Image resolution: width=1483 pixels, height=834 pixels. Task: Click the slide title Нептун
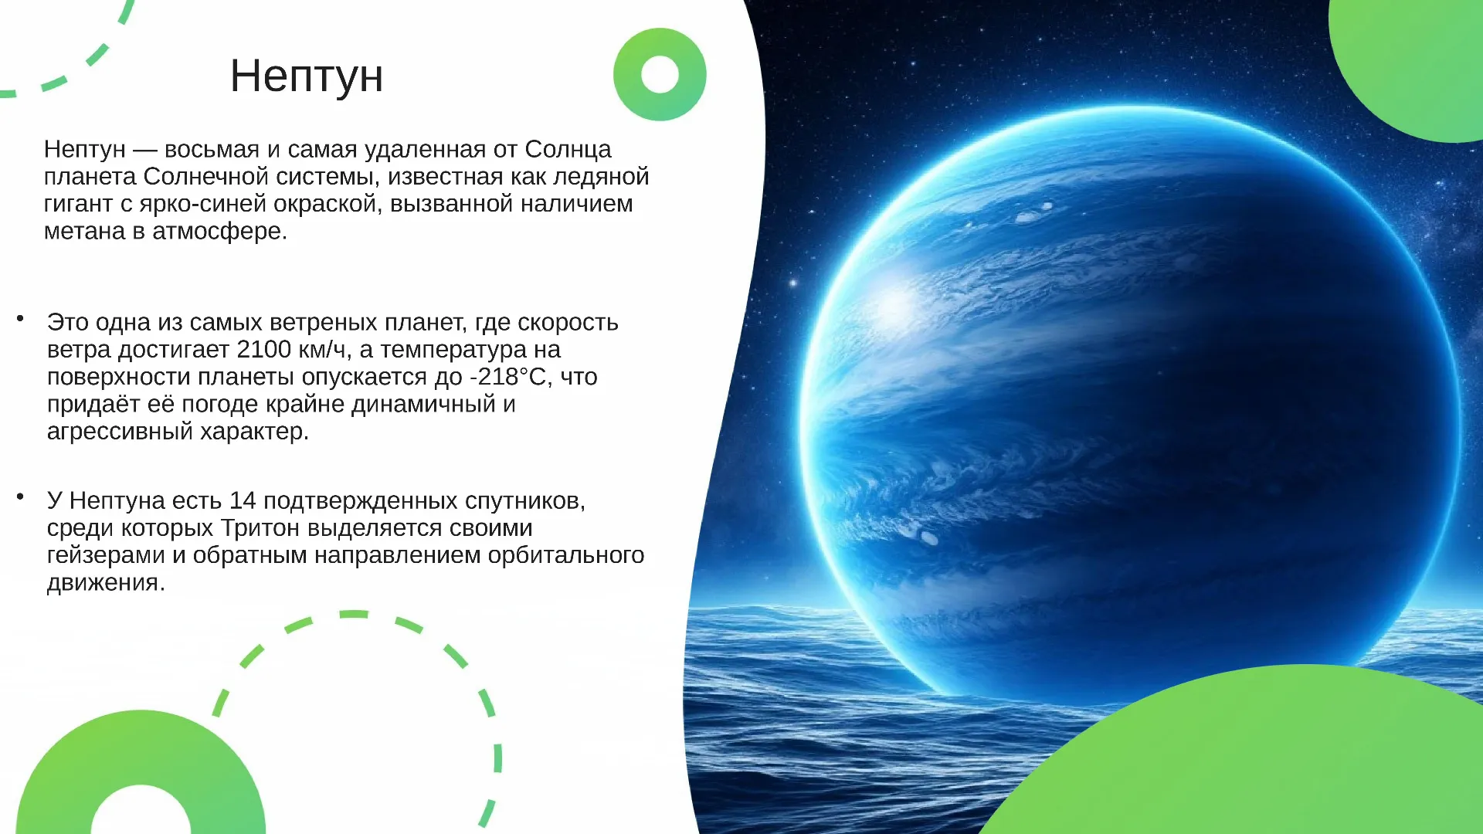tap(307, 76)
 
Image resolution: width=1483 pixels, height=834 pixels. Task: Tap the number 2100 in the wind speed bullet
tap(263, 350)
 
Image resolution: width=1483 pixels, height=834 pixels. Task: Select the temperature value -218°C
tap(511, 377)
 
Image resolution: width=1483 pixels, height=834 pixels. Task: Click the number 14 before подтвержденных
tap(243, 500)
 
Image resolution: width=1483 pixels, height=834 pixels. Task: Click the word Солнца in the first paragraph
tap(568, 150)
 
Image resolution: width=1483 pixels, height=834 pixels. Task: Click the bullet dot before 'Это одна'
tap(21, 317)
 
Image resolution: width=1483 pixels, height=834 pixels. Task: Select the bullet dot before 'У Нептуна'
tap(21, 496)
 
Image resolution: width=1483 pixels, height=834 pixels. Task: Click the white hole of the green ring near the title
tap(660, 74)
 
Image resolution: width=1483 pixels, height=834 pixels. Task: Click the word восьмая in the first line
tap(212, 150)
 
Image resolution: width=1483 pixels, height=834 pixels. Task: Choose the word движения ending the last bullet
tap(106, 583)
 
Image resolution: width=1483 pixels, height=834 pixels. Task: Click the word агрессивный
tap(120, 432)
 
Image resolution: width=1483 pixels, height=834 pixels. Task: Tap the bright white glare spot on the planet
tap(894, 303)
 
